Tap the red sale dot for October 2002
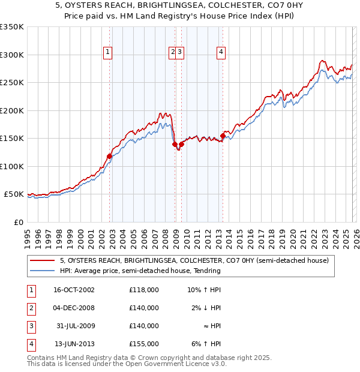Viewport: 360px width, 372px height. [110, 156]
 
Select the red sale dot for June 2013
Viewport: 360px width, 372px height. [223, 136]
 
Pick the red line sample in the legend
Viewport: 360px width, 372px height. [43, 261]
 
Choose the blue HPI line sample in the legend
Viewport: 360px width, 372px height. [43, 271]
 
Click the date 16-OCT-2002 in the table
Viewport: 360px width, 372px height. [73, 290]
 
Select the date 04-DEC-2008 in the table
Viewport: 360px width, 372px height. [73, 308]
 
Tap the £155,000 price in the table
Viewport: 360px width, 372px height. [144, 344]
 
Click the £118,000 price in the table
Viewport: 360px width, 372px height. [144, 290]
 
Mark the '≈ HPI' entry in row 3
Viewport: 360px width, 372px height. [211, 326]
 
